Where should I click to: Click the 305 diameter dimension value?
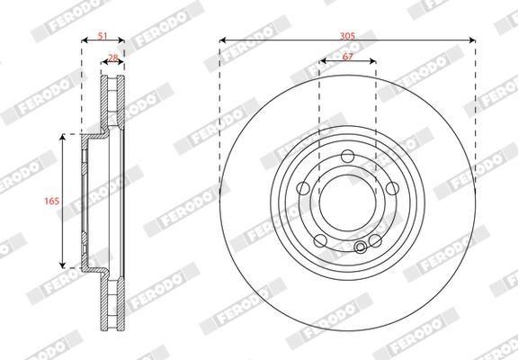coord(347,36)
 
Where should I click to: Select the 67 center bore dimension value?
coord(347,57)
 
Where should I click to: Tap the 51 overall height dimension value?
coord(103,36)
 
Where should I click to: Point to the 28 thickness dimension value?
coord(113,58)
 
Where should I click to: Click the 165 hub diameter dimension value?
coord(52,201)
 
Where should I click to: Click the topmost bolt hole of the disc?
coord(347,156)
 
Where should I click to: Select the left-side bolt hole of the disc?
coord(303,188)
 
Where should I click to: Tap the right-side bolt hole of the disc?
coord(392,188)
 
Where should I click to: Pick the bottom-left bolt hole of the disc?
coord(320,240)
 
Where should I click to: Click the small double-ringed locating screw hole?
coord(360,247)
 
